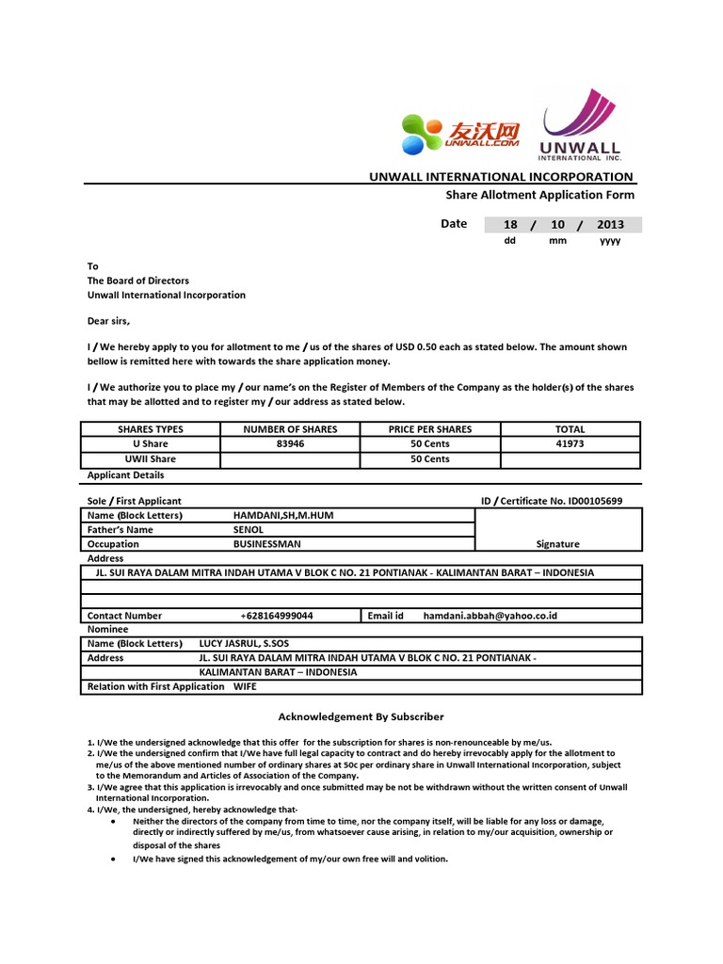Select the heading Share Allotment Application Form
coord(539,195)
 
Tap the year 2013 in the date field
coord(610,225)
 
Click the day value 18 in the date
coord(510,225)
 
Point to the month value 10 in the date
coord(557,225)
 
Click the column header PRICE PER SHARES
coord(430,429)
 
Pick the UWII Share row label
coord(151,459)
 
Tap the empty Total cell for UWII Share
coord(570,459)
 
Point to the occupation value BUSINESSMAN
coord(267,544)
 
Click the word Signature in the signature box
coord(557,544)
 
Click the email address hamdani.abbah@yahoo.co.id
coord(490,616)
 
